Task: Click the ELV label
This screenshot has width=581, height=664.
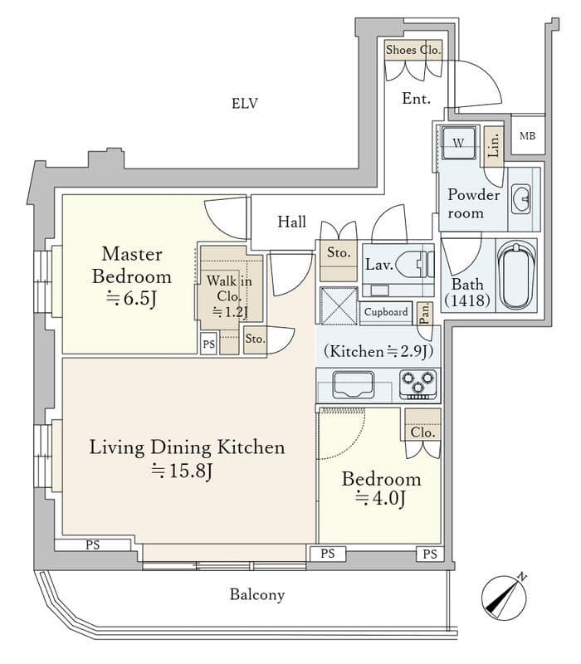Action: pyautogui.click(x=244, y=103)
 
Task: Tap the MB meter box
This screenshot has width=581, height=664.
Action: pyautogui.click(x=528, y=134)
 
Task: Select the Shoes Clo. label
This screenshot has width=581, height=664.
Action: pyautogui.click(x=413, y=50)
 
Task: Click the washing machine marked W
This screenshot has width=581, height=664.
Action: pyautogui.click(x=458, y=142)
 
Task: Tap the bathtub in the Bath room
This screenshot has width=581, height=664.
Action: pyautogui.click(x=515, y=276)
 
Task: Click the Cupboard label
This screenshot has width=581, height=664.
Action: pyautogui.click(x=386, y=312)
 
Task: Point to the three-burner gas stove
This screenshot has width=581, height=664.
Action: pyautogui.click(x=418, y=384)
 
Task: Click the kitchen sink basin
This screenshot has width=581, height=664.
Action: pyautogui.click(x=354, y=384)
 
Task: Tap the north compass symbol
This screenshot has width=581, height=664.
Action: pyautogui.click(x=505, y=597)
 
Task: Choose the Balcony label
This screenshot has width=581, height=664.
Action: pyautogui.click(x=257, y=595)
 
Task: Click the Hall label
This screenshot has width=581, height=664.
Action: pyautogui.click(x=292, y=222)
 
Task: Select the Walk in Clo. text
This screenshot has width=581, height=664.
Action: pyautogui.click(x=229, y=288)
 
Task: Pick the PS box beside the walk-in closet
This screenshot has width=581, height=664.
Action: pyautogui.click(x=208, y=344)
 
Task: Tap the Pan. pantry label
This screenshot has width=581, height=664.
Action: pyautogui.click(x=425, y=314)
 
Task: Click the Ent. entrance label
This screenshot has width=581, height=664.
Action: pyautogui.click(x=416, y=99)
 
